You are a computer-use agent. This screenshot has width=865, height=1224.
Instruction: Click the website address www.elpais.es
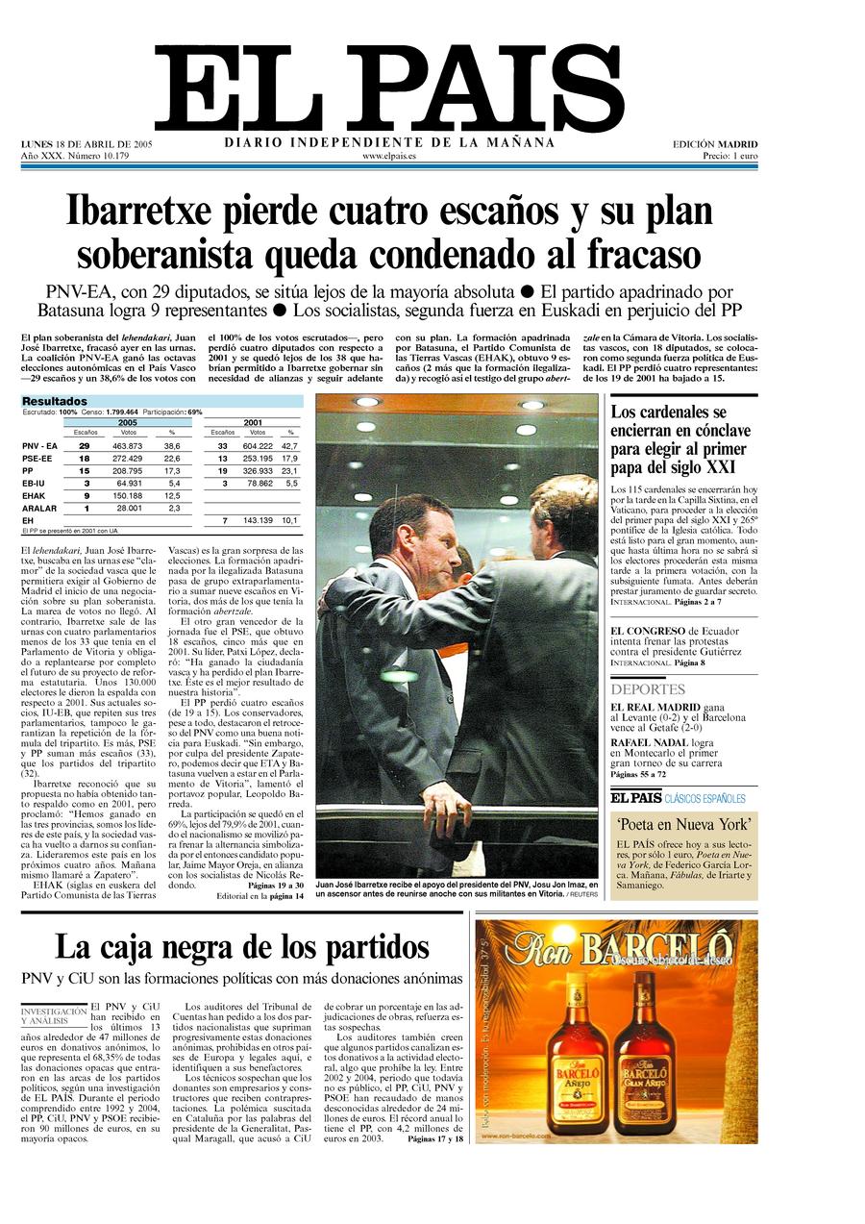389,155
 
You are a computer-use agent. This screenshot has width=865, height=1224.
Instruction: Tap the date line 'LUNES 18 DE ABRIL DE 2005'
86,144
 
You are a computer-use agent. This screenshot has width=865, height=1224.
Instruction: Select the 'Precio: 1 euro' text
730,155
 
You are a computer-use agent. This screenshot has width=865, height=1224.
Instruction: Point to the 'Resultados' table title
55,401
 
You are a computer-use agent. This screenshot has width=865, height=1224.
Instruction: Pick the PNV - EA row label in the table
40,446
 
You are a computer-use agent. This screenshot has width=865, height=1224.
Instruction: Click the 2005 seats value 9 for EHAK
85,496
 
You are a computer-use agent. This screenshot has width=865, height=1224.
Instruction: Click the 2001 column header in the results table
254,422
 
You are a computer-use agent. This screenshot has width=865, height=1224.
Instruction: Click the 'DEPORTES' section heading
648,689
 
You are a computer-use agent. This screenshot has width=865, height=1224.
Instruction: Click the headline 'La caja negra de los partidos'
242,947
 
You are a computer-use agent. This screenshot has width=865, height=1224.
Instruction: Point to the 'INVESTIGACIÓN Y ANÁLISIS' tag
54,1015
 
